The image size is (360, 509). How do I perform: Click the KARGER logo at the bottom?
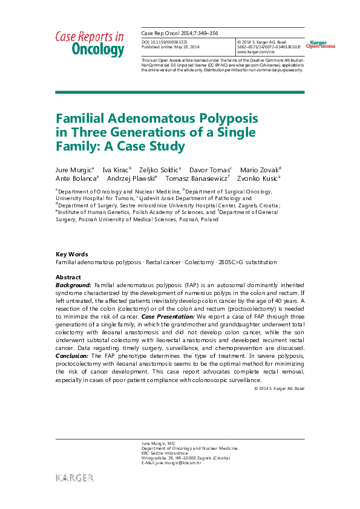[75, 478]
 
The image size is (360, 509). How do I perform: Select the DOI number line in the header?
[165, 41]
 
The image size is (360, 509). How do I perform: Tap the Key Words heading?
[71, 254]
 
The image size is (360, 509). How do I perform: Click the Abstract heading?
[68, 277]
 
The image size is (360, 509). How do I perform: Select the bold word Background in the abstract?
[73, 284]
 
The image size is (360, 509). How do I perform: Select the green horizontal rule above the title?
[180, 92]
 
